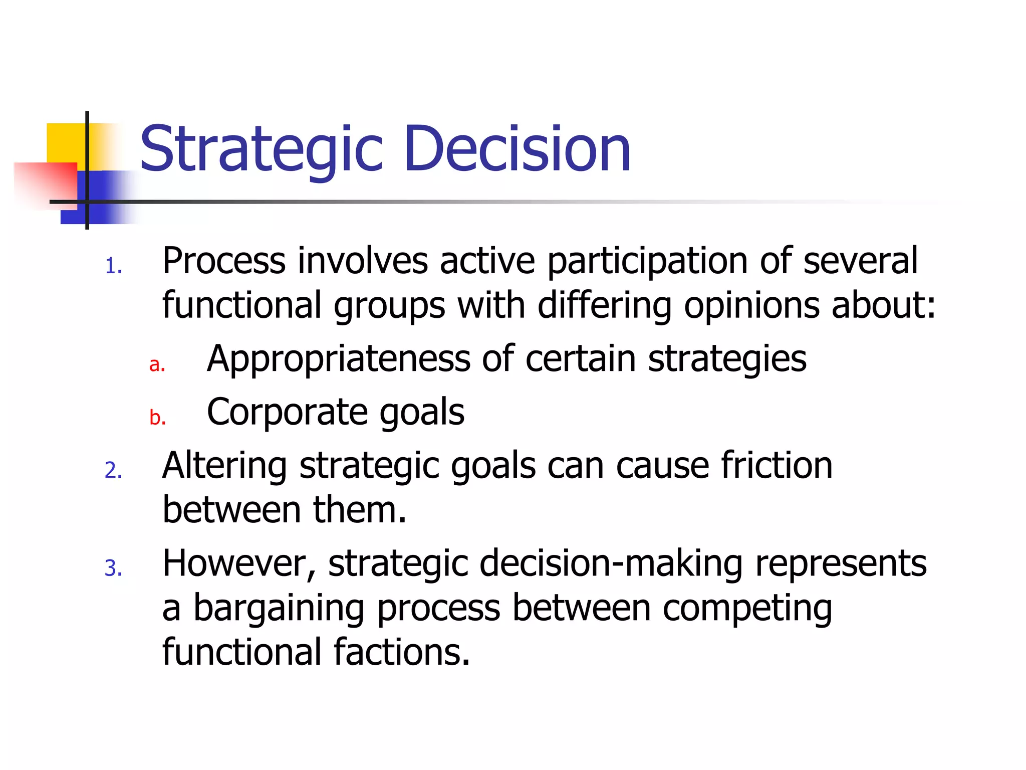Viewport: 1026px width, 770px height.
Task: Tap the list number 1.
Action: [x=114, y=266]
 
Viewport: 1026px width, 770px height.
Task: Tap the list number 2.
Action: [x=114, y=470]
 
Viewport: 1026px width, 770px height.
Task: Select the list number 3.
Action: [x=114, y=568]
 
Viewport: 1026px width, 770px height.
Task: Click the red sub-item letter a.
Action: [x=157, y=364]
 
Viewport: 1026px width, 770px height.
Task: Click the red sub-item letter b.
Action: [x=157, y=417]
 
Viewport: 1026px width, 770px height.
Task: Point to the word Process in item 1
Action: [x=224, y=261]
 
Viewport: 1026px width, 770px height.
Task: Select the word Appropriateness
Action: [x=338, y=359]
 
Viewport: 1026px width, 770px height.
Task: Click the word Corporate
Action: [x=288, y=412]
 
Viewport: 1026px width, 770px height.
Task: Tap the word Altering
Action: [x=224, y=465]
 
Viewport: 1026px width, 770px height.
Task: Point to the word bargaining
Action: [x=279, y=608]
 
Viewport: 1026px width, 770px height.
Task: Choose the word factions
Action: [x=402, y=652]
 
